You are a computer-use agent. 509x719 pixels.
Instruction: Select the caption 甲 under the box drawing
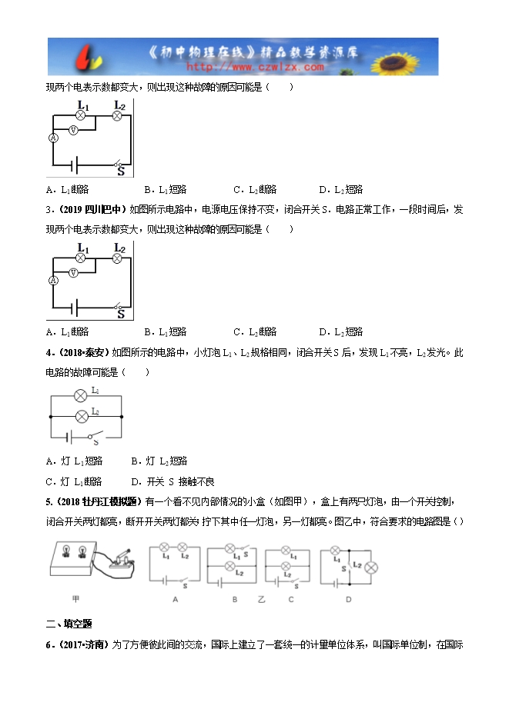[x=75, y=598]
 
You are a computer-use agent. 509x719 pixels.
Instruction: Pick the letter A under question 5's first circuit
[x=176, y=598]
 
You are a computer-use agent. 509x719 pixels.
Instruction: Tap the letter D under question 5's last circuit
[x=348, y=598]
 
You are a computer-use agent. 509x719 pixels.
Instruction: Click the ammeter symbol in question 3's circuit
[x=54, y=281]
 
